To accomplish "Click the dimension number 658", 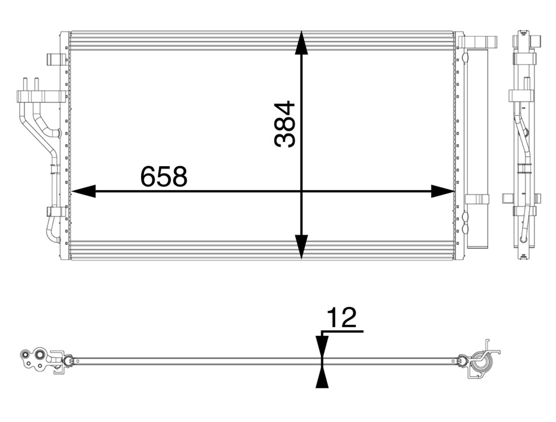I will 163,176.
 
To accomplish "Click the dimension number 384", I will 285,124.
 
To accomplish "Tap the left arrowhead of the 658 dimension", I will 83,191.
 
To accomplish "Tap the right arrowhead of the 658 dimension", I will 442,191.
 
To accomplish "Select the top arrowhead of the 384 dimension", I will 301,43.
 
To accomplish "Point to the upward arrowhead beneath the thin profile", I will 321,376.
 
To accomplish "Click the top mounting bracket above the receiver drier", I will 478,42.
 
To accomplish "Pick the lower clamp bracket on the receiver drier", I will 477,199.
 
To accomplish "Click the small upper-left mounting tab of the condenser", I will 56,59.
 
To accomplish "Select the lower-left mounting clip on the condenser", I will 56,211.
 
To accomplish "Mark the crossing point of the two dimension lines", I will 301,191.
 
